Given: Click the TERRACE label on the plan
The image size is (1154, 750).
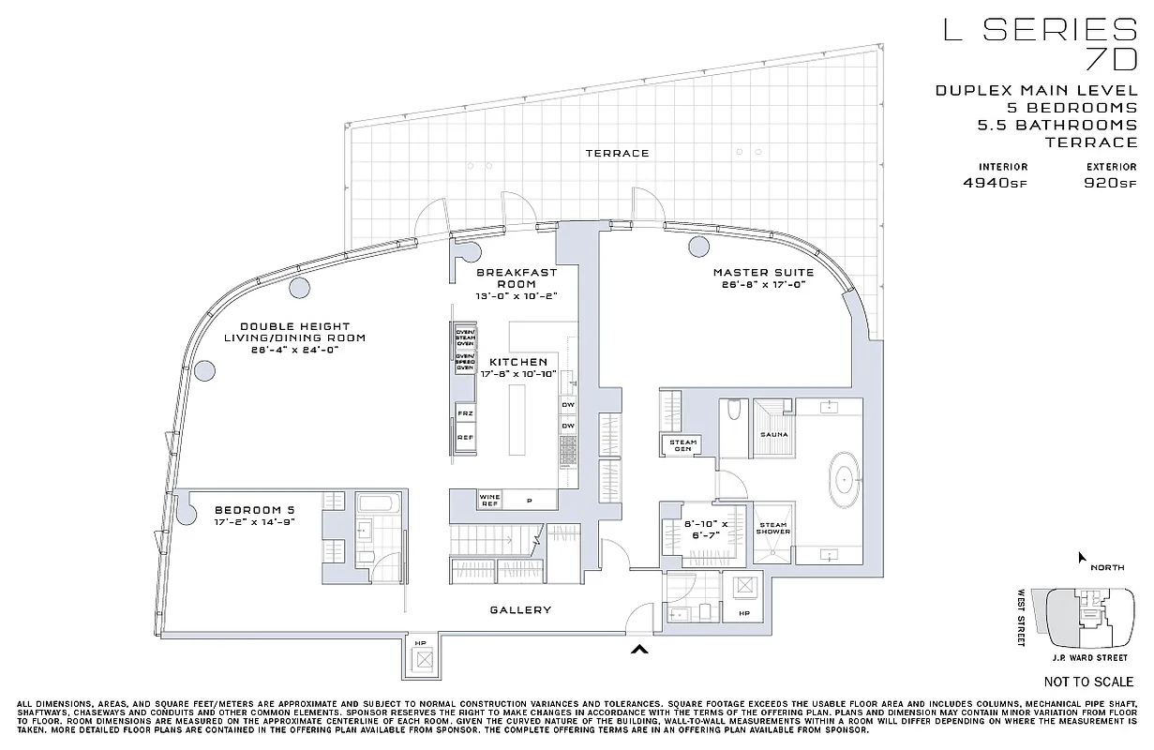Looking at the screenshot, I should [617, 153].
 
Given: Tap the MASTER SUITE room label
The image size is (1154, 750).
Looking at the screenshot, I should [763, 273].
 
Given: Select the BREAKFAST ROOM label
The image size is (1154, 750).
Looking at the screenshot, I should [517, 277].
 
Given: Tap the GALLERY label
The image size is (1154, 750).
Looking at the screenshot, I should [520, 610].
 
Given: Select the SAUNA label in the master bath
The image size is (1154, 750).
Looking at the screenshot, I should [774, 435].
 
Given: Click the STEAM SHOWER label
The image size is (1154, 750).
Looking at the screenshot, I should [773, 529].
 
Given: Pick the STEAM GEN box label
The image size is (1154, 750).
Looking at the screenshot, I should [682, 444].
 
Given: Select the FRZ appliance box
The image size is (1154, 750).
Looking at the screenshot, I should [464, 412].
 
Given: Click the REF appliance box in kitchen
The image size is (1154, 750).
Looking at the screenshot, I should [464, 437].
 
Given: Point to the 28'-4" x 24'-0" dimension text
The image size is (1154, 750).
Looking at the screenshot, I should [293, 350].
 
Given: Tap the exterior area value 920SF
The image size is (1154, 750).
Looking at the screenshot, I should [1110, 183].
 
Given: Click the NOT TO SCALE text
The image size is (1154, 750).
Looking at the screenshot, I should [1087, 682].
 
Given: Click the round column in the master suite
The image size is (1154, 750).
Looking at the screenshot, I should [697, 247].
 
